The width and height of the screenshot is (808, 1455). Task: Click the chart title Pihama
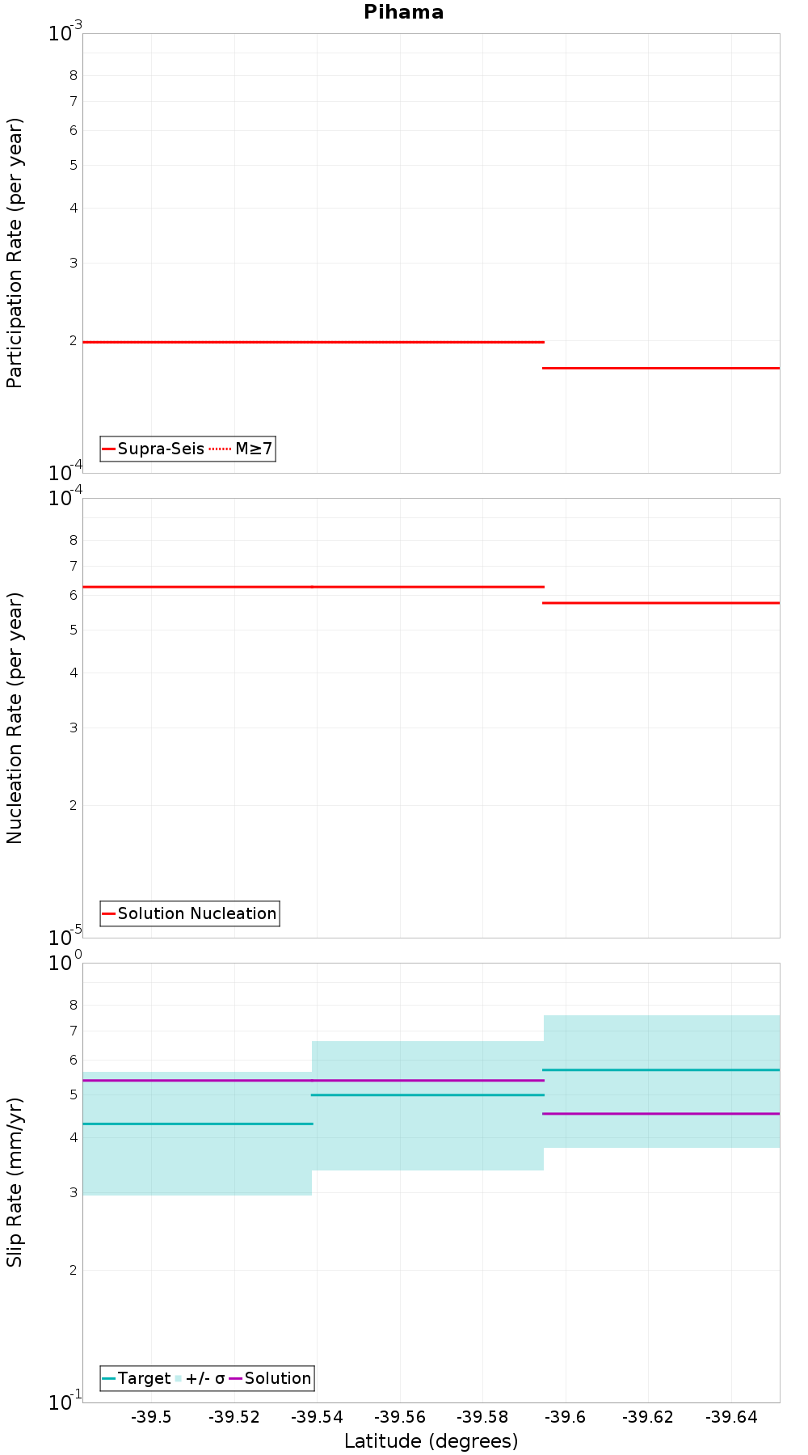pos(403,12)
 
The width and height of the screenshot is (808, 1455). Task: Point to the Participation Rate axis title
pos(15,253)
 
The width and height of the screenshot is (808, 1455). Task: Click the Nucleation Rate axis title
pos(15,718)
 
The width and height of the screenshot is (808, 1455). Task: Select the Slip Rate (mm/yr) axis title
pos(15,1182)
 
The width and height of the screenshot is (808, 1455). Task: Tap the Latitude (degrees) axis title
pos(431,1441)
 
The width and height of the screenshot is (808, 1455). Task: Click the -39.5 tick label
pos(151,1417)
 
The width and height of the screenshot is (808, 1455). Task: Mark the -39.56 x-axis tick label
pos(400,1417)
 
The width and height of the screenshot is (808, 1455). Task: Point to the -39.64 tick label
pos(731,1417)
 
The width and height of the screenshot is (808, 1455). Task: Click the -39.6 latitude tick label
pos(566,1417)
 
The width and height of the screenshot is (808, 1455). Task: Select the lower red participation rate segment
pos(661,368)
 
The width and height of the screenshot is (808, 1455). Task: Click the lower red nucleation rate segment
pos(661,603)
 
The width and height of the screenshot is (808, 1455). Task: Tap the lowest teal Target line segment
pos(197,1124)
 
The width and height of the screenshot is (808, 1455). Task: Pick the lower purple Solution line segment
pos(661,1114)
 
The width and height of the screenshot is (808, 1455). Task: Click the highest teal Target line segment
pos(661,1070)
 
